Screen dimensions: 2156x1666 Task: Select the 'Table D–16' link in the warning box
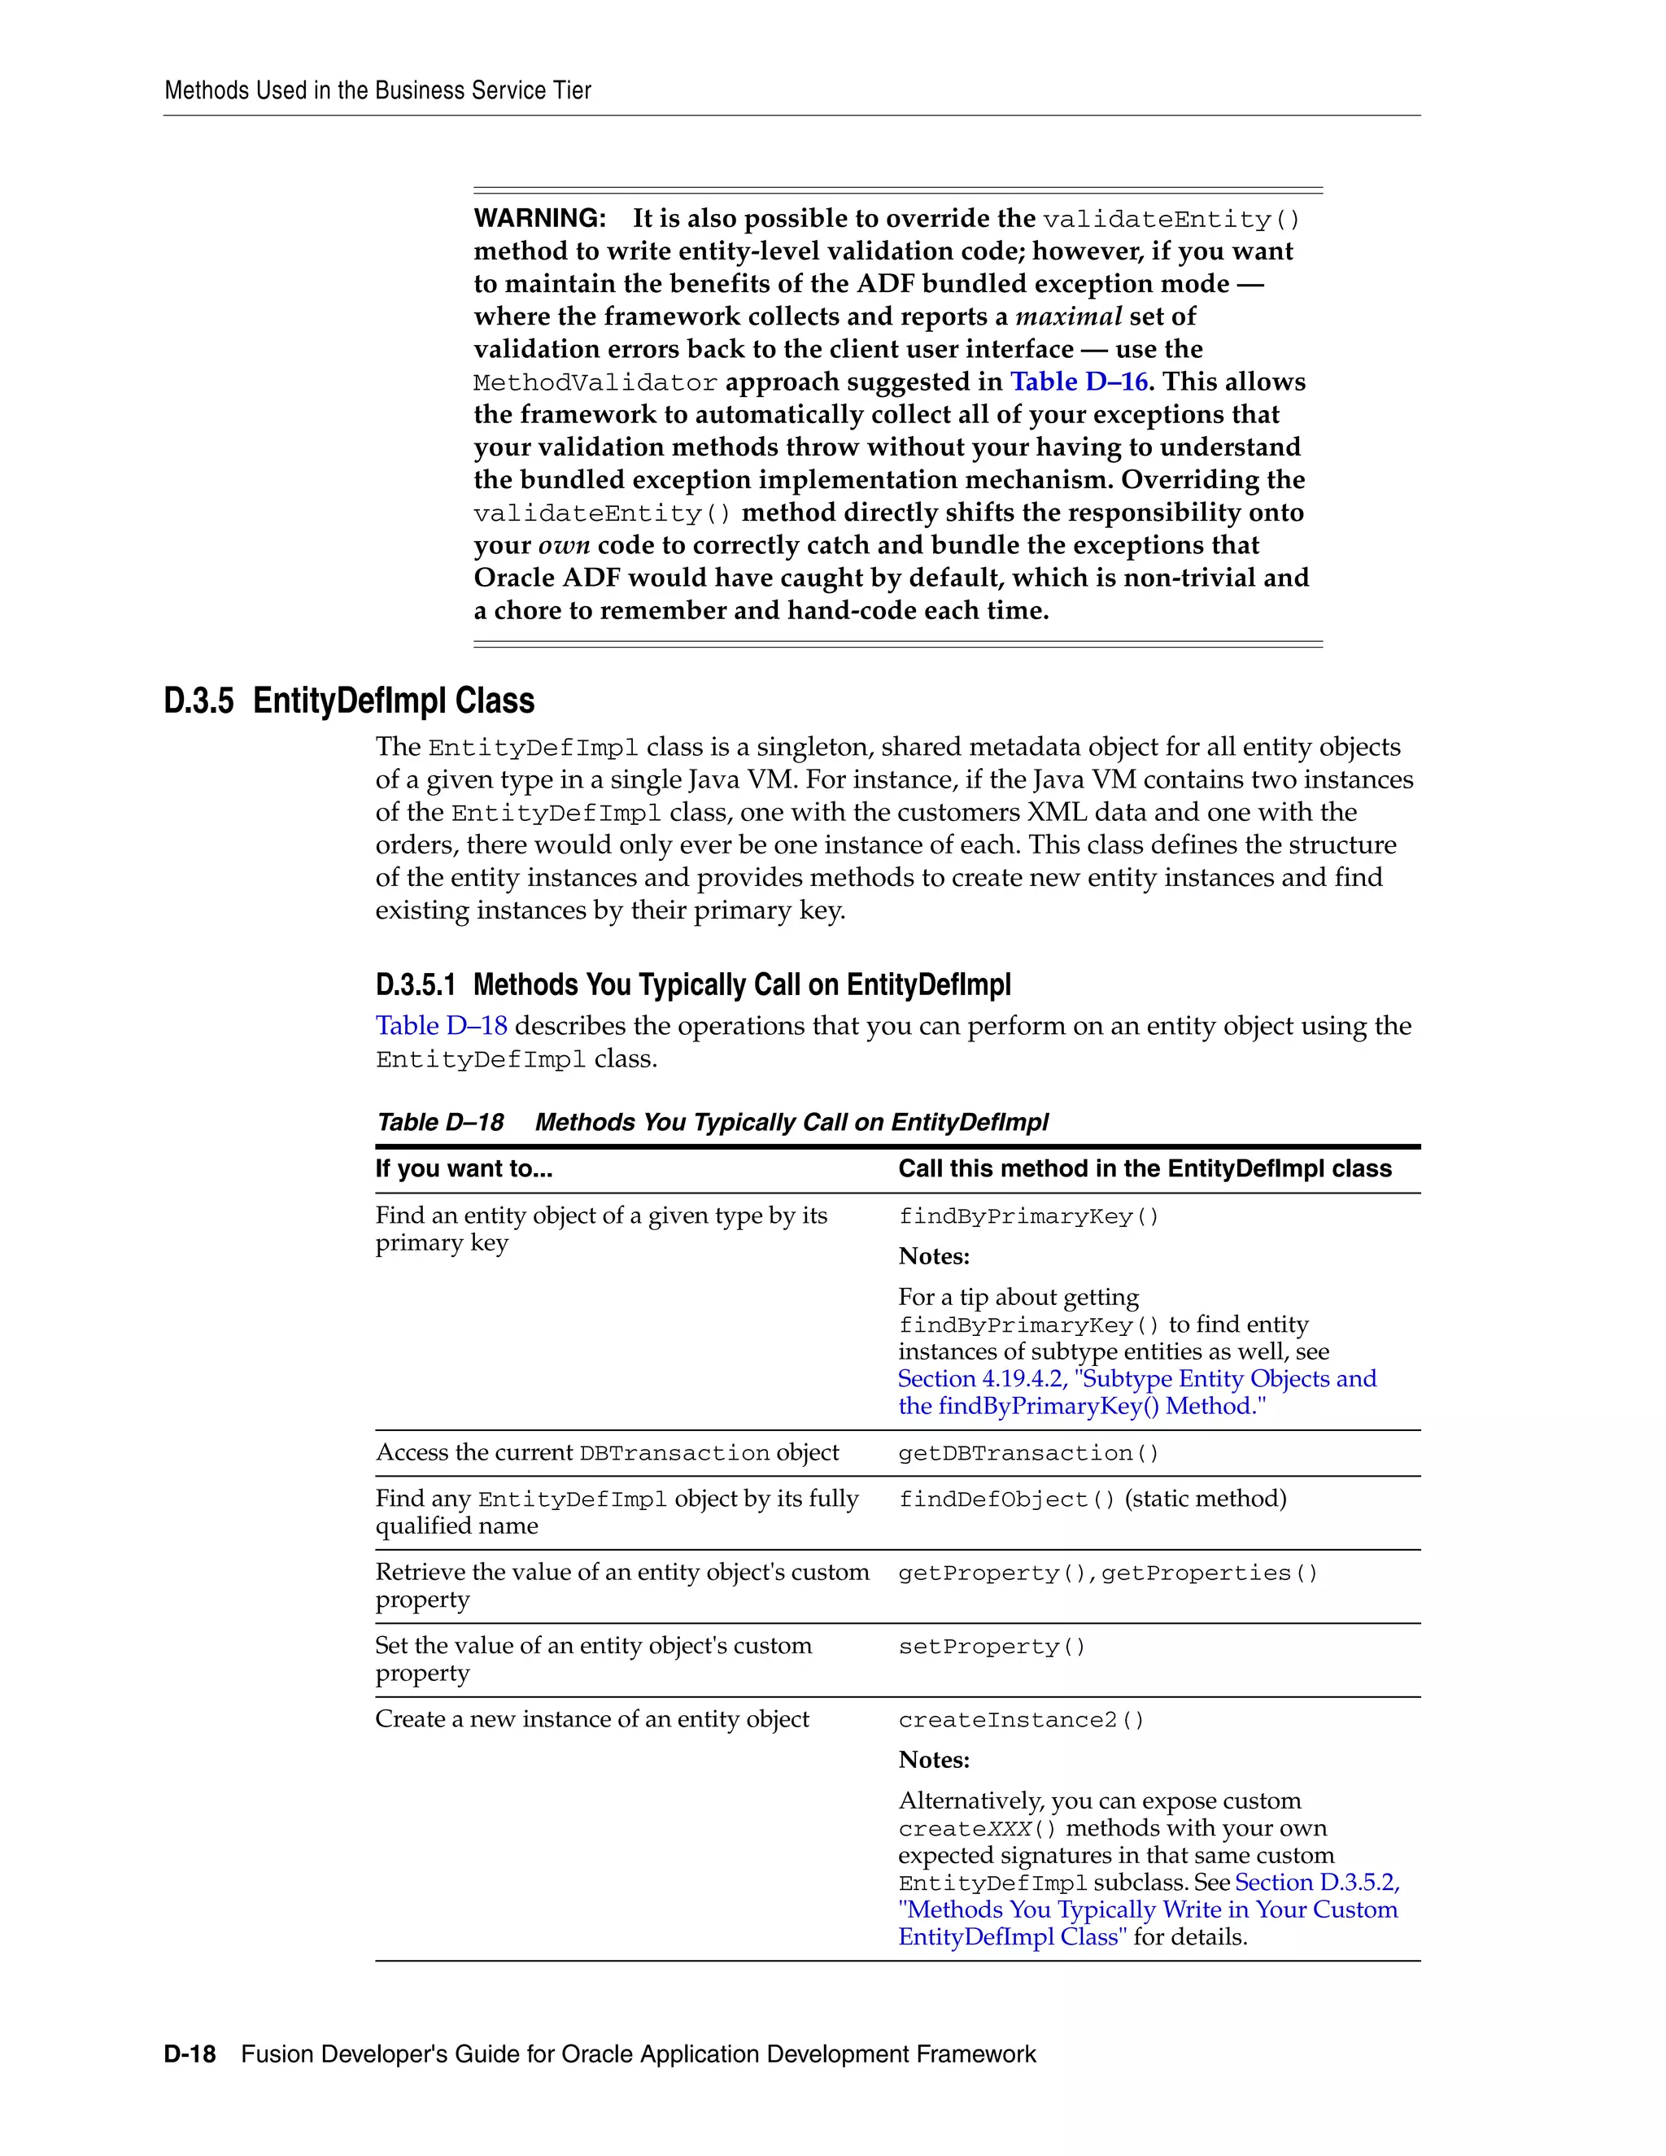pyautogui.click(x=1078, y=382)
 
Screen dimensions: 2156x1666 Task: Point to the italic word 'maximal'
pyautogui.click(x=1069, y=316)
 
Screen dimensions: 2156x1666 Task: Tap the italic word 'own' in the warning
pyautogui.click(x=564, y=546)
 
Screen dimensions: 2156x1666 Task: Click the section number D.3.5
pyautogui.click(x=198, y=700)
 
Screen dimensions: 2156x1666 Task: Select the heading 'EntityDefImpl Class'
pyautogui.click(x=393, y=700)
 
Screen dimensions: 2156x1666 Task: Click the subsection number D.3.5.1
pyautogui.click(x=416, y=985)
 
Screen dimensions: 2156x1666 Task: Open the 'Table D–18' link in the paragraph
pyautogui.click(x=441, y=1026)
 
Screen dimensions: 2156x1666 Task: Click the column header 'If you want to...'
pyautogui.click(x=464, y=1169)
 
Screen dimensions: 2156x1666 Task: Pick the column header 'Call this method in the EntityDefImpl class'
pyautogui.click(x=1144, y=1169)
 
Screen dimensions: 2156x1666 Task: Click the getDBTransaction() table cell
pyautogui.click(x=1028, y=1453)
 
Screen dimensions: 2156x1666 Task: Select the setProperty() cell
pyautogui.click(x=991, y=1647)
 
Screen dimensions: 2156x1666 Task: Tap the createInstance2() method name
pyautogui.click(x=1021, y=1720)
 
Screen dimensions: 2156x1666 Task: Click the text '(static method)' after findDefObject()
pyautogui.click(x=1205, y=1499)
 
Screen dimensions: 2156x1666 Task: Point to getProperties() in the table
pyautogui.click(x=1209, y=1573)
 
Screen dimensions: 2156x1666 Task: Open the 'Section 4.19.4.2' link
pyautogui.click(x=982, y=1379)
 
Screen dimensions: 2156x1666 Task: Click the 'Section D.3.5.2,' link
pyautogui.click(x=1317, y=1883)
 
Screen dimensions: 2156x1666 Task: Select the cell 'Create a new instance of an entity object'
pyautogui.click(x=591, y=1720)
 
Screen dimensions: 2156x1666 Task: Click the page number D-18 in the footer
pyautogui.click(x=190, y=2054)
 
